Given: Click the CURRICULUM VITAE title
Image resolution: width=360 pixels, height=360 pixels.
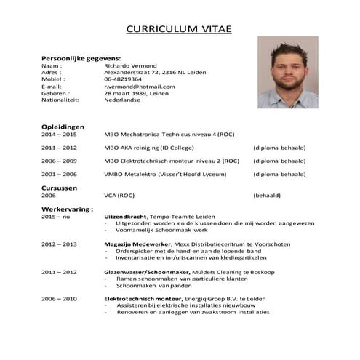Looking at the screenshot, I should coord(179,29).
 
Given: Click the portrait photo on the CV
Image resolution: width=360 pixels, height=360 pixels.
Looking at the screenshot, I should coord(288,73).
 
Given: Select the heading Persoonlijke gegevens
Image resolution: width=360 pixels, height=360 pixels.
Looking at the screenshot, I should coord(81,57).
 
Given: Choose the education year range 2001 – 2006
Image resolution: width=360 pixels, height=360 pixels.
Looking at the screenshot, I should coord(59,175).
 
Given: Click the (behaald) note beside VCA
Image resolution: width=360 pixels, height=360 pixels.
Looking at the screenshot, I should coord(270,196).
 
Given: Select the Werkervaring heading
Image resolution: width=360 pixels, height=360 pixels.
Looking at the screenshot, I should coord(67,208).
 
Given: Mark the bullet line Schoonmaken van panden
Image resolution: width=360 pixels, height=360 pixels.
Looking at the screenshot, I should coord(153,286).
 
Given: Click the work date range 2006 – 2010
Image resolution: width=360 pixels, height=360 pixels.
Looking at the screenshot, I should coord(59,298).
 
